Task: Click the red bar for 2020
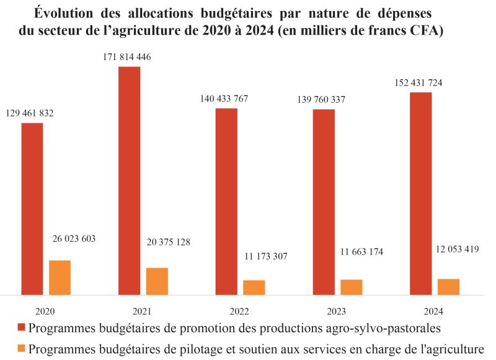[x=32, y=209]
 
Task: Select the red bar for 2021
[x=129, y=180]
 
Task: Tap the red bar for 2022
[x=226, y=201]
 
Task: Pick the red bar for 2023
[x=324, y=202]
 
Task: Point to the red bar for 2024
[x=420, y=193]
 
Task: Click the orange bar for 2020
[x=60, y=278]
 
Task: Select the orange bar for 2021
[x=157, y=281]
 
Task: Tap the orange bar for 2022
[x=254, y=288]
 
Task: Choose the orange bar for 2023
[x=351, y=287]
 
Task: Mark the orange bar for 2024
[x=448, y=287]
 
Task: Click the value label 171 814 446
[x=127, y=57]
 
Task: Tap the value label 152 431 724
[x=418, y=83]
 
